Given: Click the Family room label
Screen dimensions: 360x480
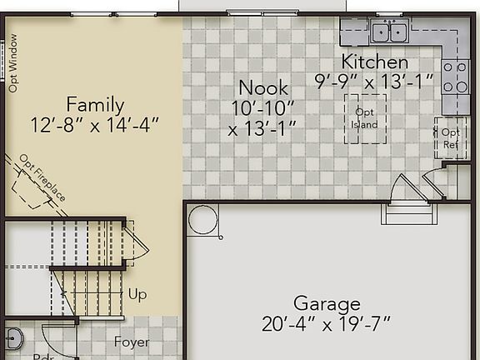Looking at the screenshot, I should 95,105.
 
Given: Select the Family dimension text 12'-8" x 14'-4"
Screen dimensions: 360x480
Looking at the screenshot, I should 95,125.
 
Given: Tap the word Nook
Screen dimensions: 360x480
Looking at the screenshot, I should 262,87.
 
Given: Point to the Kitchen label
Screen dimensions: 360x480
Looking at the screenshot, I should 374,62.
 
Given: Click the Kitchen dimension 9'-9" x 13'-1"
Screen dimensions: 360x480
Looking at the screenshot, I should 374,81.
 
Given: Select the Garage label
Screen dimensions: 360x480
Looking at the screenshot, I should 327,303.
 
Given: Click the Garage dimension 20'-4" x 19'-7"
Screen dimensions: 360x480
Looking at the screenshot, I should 327,323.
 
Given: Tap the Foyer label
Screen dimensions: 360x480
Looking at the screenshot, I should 132,342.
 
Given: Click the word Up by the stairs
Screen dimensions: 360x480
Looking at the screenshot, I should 137,294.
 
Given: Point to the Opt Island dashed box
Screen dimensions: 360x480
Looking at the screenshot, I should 365,118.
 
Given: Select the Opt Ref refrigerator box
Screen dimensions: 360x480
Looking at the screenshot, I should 450,137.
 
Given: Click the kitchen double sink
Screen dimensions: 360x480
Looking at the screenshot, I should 388,32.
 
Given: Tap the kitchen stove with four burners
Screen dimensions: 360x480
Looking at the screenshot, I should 456,77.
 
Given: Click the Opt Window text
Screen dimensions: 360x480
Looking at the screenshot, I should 13,62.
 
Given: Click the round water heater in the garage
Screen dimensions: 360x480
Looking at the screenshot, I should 202,220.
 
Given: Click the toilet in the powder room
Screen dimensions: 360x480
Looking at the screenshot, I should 12,339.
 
